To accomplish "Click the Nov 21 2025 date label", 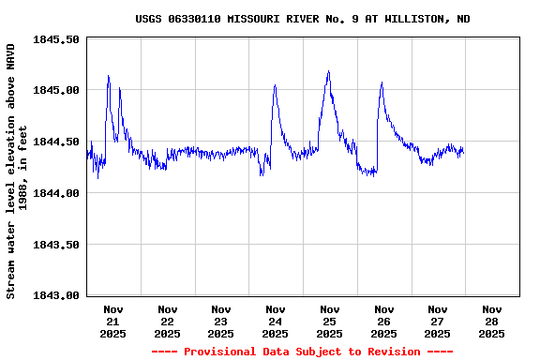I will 113,321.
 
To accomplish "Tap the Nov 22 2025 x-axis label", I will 167,321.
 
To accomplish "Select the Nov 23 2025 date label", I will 221,321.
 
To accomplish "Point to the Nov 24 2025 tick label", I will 276,321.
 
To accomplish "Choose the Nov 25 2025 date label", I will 329,321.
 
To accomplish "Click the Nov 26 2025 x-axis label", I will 383,321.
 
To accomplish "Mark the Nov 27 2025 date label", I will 437,321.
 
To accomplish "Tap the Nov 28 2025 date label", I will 491,321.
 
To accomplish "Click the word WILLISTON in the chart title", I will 410,19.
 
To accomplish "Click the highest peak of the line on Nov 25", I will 328,71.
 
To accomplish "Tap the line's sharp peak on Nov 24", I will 275,85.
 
